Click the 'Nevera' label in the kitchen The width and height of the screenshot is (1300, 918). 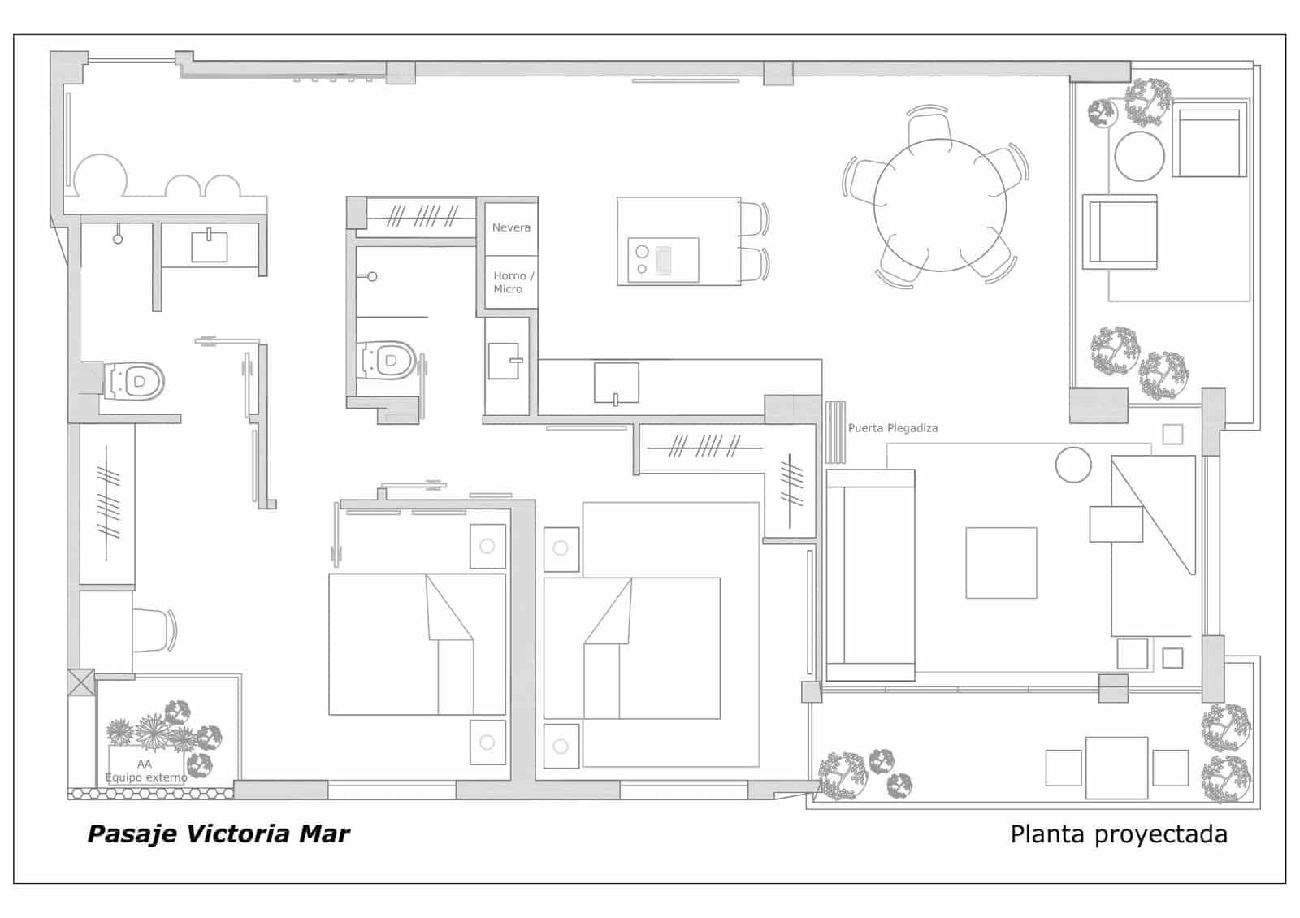tap(511, 227)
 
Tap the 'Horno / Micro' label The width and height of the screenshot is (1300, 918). tap(513, 283)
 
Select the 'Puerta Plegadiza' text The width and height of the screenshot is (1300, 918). tap(893, 428)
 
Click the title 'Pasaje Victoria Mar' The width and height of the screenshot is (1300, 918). tap(219, 834)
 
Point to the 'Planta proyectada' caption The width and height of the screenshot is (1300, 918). tap(1119, 834)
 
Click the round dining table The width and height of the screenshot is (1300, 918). tap(939, 205)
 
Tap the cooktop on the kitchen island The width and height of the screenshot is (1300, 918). tap(663, 260)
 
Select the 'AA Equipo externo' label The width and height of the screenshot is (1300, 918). tap(146, 771)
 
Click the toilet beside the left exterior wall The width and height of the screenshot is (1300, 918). tap(134, 382)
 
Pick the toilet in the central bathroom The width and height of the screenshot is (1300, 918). tap(388, 361)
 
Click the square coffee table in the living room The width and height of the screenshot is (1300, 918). tap(1001, 562)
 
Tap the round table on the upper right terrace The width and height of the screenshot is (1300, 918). tap(1139, 156)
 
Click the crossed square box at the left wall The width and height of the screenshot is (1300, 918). tap(80, 682)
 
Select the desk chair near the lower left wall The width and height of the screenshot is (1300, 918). tap(154, 630)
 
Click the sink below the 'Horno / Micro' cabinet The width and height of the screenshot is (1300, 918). tap(505, 361)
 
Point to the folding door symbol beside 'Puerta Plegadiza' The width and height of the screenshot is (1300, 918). tap(835, 432)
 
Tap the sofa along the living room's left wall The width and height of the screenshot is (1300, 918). tap(870, 575)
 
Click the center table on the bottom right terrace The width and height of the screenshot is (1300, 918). tap(1116, 768)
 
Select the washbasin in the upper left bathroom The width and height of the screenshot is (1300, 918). tap(210, 246)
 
